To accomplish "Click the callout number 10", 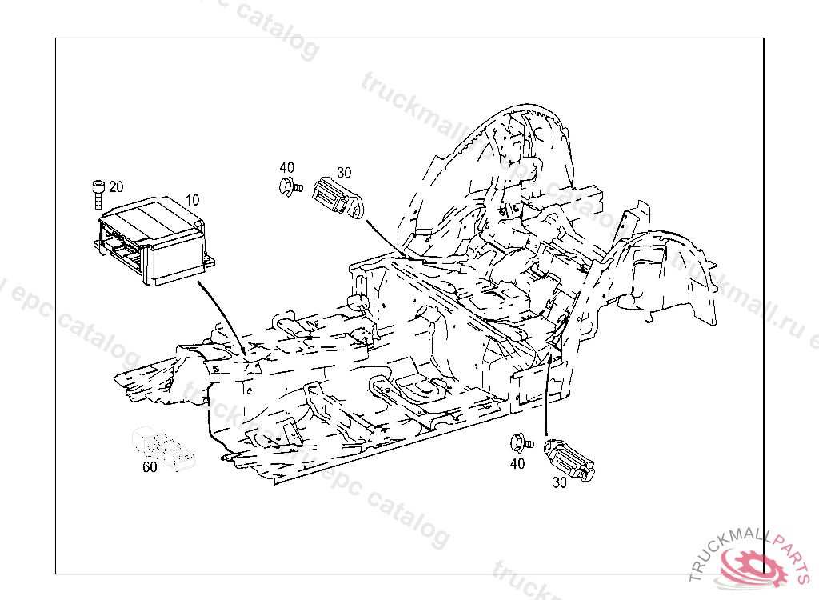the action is point(193,199).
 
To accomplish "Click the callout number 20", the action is point(116,187).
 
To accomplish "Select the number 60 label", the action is point(150,468).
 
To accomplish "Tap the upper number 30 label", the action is point(344,172).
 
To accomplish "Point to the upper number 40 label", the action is point(286,167).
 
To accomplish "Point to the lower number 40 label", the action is point(517,463).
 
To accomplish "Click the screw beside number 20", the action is point(98,192).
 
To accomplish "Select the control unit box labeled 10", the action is point(152,240).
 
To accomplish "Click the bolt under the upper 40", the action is point(290,187).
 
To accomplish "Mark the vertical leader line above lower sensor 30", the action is point(546,400).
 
